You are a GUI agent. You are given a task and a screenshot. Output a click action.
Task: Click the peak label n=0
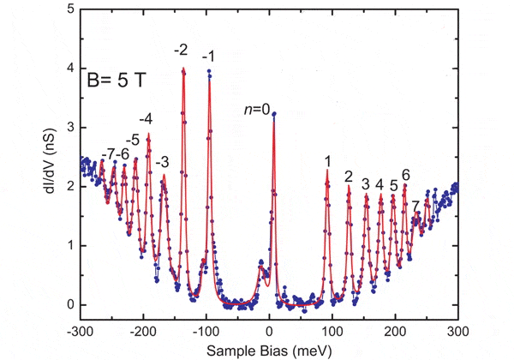[x=256, y=109]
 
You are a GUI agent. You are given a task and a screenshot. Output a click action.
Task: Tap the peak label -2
[x=181, y=51]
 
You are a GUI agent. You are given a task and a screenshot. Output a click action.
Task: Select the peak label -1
[x=208, y=57]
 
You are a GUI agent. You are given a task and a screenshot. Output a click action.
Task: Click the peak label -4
[x=146, y=118]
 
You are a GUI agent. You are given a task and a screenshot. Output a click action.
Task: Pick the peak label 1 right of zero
[x=327, y=160]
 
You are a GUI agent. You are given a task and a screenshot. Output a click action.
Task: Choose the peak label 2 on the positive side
[x=349, y=177]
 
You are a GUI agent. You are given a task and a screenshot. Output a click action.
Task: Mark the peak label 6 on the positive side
[x=405, y=175]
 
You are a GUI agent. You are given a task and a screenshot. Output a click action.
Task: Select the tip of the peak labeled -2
[x=183, y=69]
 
